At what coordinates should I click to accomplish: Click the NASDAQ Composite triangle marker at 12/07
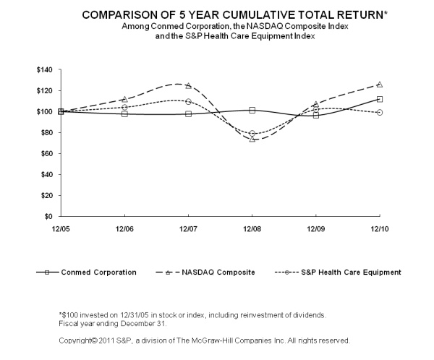pyautogui.click(x=188, y=85)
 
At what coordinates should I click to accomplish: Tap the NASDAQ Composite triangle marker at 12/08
pyautogui.click(x=252, y=139)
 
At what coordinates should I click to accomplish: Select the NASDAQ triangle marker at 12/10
pyautogui.click(x=380, y=85)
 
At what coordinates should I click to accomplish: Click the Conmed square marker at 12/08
pyautogui.click(x=252, y=110)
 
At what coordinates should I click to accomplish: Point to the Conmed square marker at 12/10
pyautogui.click(x=380, y=99)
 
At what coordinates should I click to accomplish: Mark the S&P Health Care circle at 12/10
pyautogui.click(x=380, y=112)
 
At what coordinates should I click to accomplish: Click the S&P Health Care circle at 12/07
pyautogui.click(x=188, y=102)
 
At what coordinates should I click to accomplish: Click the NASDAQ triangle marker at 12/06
pyautogui.click(x=124, y=99)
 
